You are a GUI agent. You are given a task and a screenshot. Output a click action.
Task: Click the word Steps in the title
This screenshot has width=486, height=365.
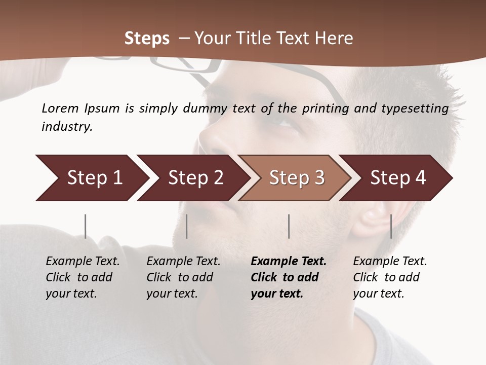pos(147,39)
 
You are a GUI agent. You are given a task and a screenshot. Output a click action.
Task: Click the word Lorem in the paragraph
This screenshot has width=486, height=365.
pos(60,108)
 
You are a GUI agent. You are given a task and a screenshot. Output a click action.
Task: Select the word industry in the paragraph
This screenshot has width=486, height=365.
pos(66,127)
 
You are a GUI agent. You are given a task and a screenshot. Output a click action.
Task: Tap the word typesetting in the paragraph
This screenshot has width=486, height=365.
pos(412,108)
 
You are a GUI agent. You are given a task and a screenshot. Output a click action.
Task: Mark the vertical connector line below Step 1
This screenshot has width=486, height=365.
pos(86,226)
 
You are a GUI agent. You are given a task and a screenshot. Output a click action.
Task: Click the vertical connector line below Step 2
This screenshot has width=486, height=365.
pos(187,226)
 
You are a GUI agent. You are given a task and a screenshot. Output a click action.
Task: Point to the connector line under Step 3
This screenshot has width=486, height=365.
pos(289,226)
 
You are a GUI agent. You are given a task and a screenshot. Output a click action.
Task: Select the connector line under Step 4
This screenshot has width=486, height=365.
pos(391,226)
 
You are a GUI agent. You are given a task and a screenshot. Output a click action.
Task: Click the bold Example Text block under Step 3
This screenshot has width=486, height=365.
pos(288,277)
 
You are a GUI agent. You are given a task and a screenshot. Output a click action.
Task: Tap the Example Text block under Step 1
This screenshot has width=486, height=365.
pos(83,277)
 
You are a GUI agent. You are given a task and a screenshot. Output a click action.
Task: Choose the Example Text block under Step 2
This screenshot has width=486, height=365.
pos(183,277)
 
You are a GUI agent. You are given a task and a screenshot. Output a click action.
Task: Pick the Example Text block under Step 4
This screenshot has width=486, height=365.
pos(390,277)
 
